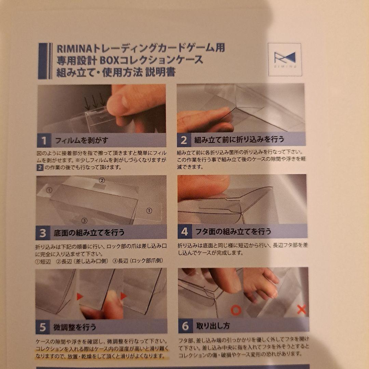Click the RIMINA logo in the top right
coord(285,60)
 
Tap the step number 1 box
coord(43,140)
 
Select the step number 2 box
coord(184,140)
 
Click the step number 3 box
coord(42,233)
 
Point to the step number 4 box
coord(184,231)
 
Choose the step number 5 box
coord(43,327)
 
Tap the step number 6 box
coord(186,326)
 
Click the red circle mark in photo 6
coord(236,310)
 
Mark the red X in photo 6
coord(301,309)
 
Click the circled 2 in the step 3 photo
coord(102,180)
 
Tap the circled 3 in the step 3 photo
coord(84,220)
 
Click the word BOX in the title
coord(110,60)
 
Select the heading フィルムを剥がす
coord(82,140)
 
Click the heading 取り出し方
coord(213,326)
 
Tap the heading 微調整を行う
coord(75,327)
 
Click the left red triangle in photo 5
coord(80,297)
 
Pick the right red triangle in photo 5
coord(123,296)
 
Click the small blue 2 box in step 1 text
coord(40,167)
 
